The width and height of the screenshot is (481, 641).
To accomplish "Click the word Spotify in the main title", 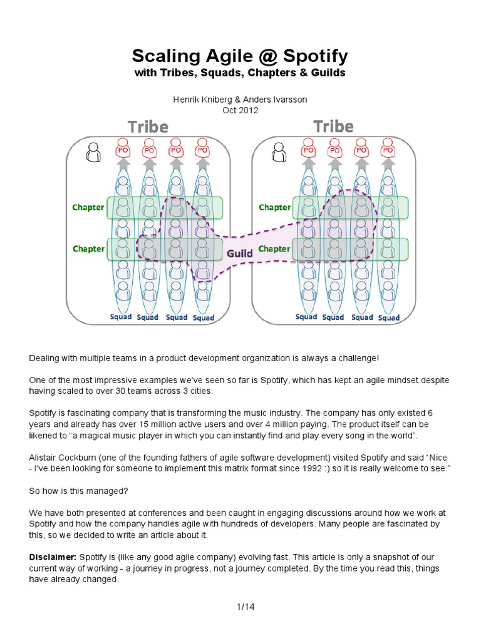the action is [x=315, y=56].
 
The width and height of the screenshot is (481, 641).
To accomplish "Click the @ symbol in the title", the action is [x=266, y=56].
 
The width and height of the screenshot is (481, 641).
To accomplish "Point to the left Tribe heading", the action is [x=148, y=127].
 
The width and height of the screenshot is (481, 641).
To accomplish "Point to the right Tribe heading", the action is [x=333, y=127].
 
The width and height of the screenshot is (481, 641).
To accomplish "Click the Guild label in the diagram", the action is [x=240, y=254].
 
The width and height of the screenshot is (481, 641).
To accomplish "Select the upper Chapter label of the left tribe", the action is [x=88, y=207].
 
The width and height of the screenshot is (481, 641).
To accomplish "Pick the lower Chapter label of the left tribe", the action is [x=88, y=249].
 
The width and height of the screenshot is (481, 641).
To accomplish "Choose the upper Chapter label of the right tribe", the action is [x=274, y=207].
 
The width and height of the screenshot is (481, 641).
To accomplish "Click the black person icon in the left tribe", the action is [x=93, y=153].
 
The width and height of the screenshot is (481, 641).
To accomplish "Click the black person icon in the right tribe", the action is [x=279, y=153].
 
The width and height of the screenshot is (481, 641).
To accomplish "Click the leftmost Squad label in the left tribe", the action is [x=121, y=317].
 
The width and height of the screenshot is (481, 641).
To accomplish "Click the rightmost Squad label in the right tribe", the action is [x=389, y=318].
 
